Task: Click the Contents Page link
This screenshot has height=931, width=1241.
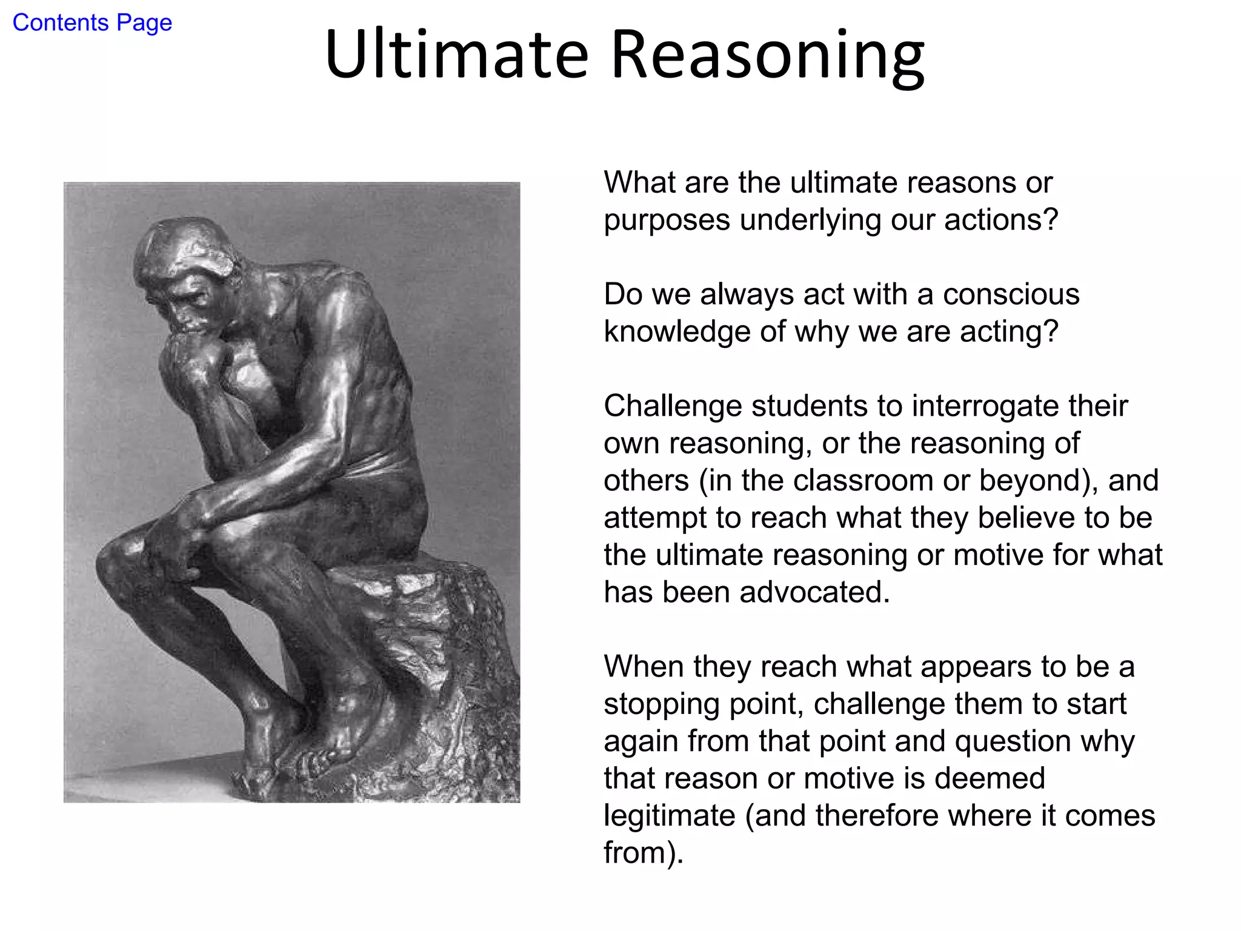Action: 92,23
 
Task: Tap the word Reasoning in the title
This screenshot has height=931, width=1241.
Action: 768,56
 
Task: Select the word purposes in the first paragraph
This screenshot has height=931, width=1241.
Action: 667,221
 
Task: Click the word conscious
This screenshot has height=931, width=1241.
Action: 1011,295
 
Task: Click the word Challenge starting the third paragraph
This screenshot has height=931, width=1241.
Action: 673,407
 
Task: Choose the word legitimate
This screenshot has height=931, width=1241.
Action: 669,816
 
